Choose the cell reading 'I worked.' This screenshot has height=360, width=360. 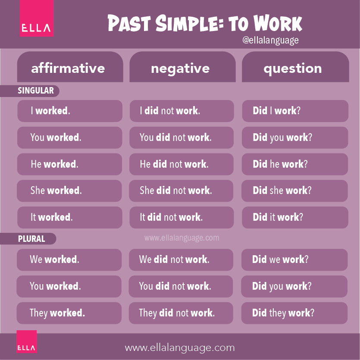(x=69, y=111)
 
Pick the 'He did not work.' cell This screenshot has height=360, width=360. (x=182, y=164)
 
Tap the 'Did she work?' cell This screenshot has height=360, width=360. (x=294, y=191)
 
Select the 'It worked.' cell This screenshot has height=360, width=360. (x=69, y=217)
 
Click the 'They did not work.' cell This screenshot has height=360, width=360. (x=182, y=313)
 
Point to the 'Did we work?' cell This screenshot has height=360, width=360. (x=294, y=260)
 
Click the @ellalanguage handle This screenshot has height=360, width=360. (x=270, y=41)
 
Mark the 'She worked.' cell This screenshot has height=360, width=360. (x=69, y=191)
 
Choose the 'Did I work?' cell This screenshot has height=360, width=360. (x=294, y=111)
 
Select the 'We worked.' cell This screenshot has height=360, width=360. (x=69, y=260)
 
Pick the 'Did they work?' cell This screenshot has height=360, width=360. (x=294, y=313)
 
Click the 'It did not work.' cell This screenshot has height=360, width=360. (x=182, y=217)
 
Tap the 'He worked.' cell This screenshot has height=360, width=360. (x=69, y=164)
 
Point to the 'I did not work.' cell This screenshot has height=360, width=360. (x=182, y=111)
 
